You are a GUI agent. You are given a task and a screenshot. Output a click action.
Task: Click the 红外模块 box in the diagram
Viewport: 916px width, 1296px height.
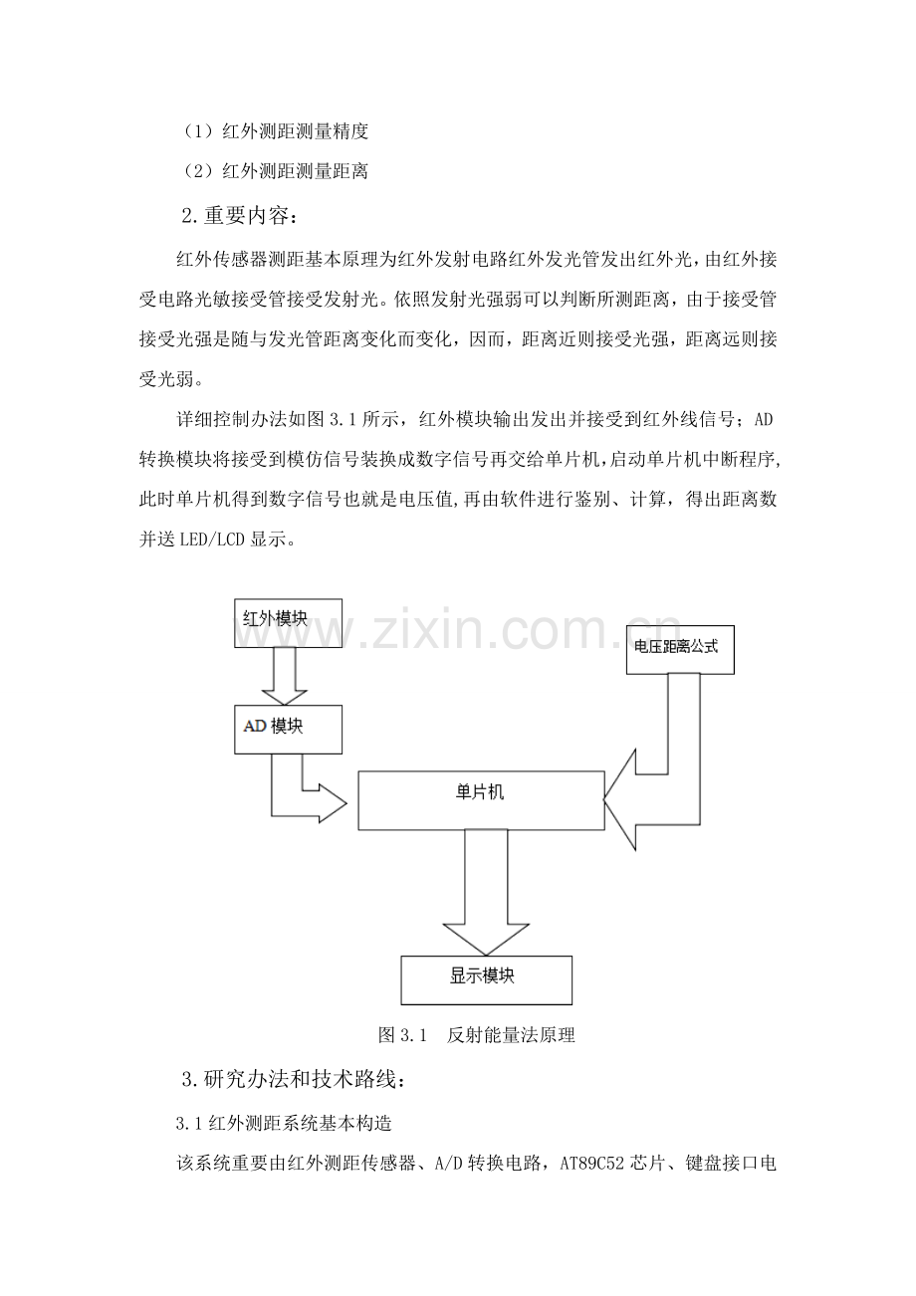(288, 622)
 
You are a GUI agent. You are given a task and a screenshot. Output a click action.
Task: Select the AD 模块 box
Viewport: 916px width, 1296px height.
(288, 729)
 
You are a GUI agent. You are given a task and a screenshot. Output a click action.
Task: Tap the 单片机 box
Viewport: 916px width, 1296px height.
(481, 800)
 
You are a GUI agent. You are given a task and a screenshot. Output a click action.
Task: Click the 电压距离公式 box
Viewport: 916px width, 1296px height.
(680, 649)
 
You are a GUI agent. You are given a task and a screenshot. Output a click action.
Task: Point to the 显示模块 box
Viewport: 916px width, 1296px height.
(486, 980)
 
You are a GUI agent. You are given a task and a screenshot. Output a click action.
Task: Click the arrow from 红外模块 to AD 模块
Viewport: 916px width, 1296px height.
(284, 676)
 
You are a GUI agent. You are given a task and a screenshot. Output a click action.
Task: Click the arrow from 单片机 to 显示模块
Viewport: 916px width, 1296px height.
(486, 893)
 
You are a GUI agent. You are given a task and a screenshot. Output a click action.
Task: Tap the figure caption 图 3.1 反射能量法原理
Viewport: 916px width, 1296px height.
(476, 1034)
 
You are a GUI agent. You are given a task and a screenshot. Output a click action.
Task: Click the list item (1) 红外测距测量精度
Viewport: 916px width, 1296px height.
(275, 131)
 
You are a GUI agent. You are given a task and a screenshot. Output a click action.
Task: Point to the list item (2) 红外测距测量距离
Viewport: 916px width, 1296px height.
(275, 171)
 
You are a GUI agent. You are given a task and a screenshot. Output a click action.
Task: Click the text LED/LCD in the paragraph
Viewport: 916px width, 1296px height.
(213, 540)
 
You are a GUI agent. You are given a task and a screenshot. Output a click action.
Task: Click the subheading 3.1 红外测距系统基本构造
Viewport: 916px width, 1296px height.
(284, 1123)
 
